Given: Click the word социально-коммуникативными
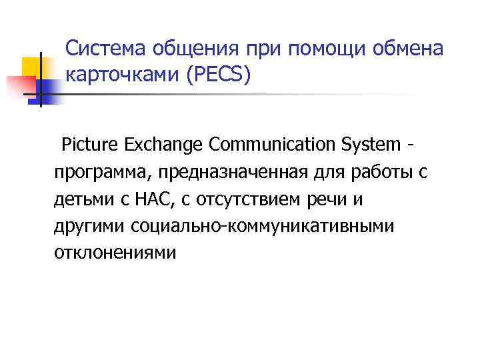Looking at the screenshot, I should (x=263, y=227).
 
